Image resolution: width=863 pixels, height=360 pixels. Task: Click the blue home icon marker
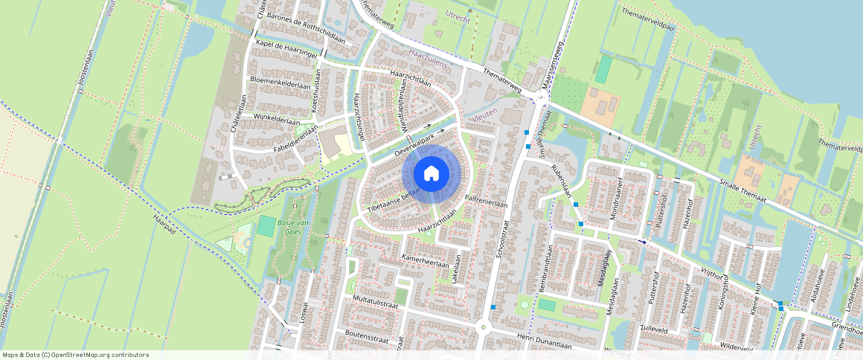[x=431, y=174]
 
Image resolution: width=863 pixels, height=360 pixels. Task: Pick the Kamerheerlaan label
[x=425, y=260]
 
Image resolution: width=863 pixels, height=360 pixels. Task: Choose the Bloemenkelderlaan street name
[x=280, y=83]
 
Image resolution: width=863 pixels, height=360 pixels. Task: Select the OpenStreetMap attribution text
[x=75, y=355]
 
